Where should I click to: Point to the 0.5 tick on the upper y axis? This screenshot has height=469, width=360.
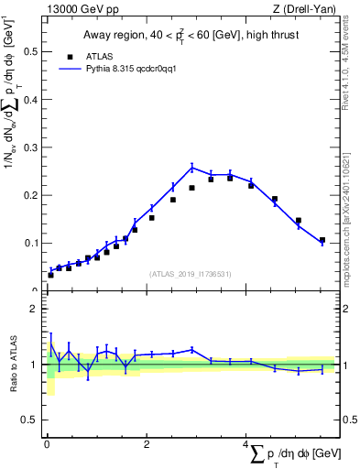pyautogui.click(x=29, y=51)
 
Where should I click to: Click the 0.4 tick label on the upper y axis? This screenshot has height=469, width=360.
pyautogui.click(x=29, y=99)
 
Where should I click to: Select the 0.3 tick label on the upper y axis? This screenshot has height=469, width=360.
pyautogui.click(x=29, y=147)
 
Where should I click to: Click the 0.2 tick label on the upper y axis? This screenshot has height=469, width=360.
pyautogui.click(x=29, y=195)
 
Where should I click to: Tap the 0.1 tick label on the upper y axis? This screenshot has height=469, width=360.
pyautogui.click(x=29, y=243)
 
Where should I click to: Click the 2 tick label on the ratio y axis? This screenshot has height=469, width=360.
pyautogui.click(x=34, y=309)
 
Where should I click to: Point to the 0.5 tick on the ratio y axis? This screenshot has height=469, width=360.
pyautogui.click(x=29, y=420)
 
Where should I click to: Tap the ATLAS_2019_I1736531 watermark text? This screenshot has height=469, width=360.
pyautogui.click(x=191, y=273)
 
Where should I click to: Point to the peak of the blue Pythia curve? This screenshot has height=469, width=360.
pyautogui.click(x=192, y=167)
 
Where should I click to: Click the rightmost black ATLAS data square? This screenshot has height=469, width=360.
pyautogui.click(x=322, y=240)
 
